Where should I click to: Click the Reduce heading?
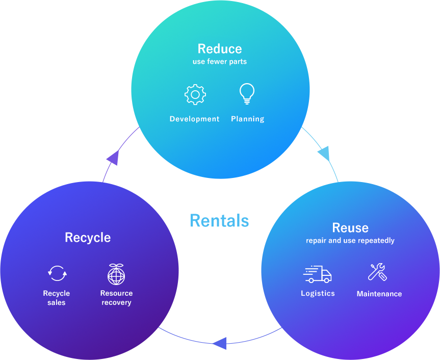pos(220,49)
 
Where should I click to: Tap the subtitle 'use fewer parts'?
pos(220,62)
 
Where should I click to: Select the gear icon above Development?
pos(195,95)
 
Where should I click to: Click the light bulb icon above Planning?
pos(247,94)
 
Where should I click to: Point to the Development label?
pos(194,119)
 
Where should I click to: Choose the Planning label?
pos(248,119)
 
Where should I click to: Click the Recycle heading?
pos(88,238)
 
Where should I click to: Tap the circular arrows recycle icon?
pos(57,273)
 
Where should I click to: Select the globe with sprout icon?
pos(116,274)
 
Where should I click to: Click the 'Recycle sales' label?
pos(57,298)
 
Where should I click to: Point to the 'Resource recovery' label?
pos(116,298)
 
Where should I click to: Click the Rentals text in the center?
pos(220,221)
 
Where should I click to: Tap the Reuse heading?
pos(350,228)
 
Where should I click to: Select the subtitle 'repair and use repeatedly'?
pos(350,241)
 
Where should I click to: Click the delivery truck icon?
pos(317,274)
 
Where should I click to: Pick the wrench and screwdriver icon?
pos(378,272)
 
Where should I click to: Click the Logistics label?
pos(318,294)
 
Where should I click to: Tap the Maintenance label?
pos(379,294)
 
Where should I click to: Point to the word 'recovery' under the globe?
pos(116,303)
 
